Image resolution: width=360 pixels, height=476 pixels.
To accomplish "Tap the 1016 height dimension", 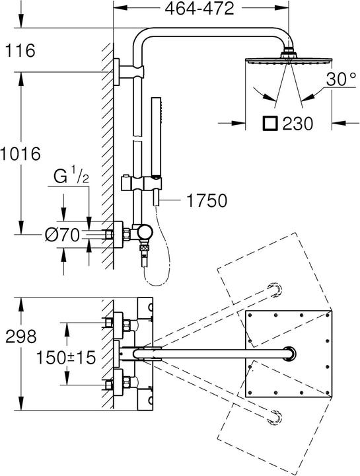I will tap(21, 153).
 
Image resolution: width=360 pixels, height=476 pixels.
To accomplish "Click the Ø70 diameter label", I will tap(63, 233).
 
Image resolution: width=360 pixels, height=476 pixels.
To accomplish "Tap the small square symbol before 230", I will tap(270, 122).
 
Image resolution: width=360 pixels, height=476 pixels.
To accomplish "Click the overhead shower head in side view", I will tap(288, 60).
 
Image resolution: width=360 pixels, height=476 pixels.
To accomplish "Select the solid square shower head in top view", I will tap(288, 353).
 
